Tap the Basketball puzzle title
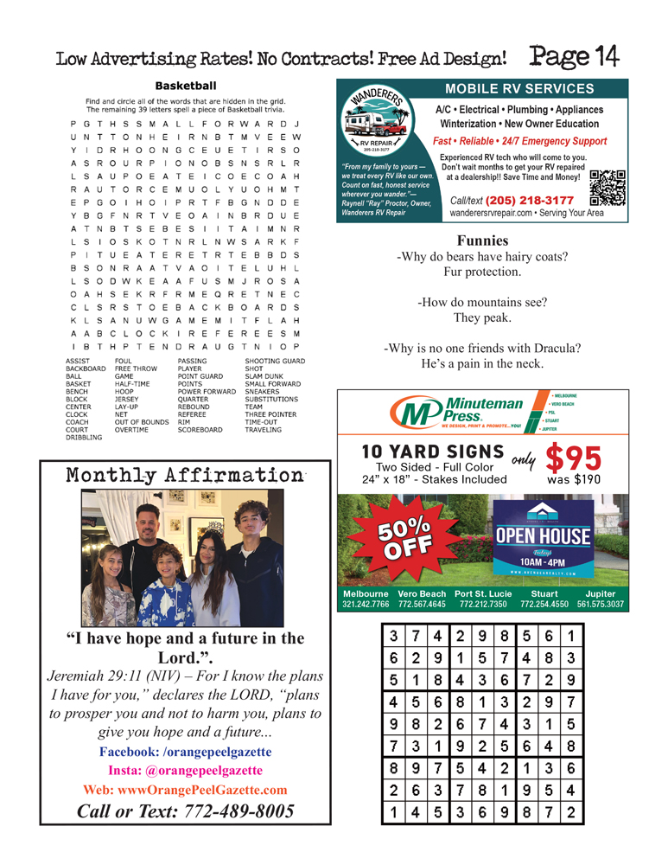click(185, 86)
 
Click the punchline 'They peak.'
click(482, 317)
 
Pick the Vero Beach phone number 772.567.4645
click(422, 604)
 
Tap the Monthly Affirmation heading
click(185, 475)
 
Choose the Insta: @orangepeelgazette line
click(185, 770)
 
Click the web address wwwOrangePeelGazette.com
click(185, 789)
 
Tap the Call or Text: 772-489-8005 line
click(185, 811)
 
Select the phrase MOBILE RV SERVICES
click(519, 88)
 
